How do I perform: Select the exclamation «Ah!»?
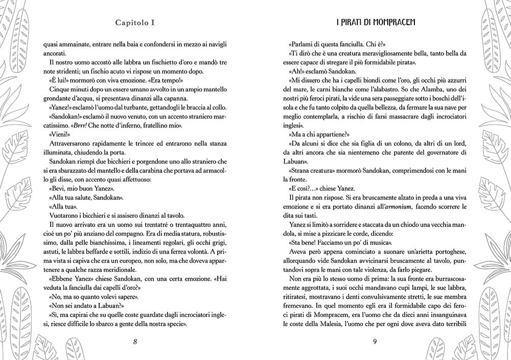tap(295, 71)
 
